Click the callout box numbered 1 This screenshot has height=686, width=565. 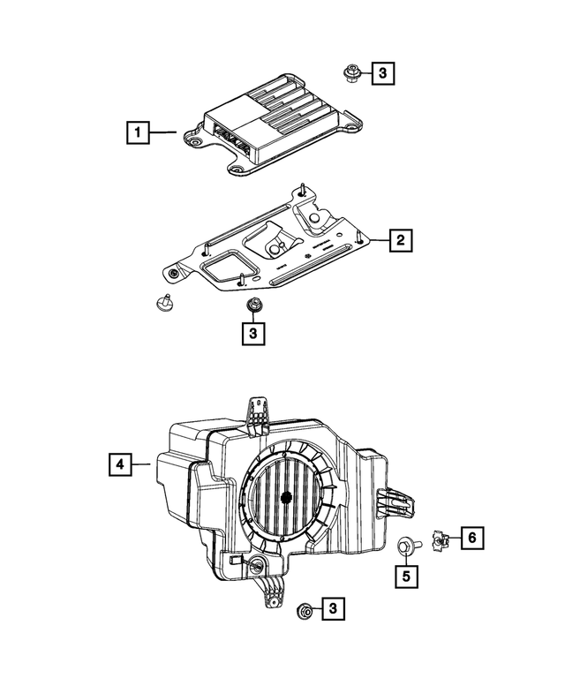[137, 134]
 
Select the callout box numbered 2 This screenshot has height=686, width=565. [399, 239]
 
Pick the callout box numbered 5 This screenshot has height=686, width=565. [406, 577]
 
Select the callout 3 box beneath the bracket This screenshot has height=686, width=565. [252, 333]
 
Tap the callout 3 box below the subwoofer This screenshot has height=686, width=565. [334, 608]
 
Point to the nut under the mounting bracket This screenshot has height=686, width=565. [252, 305]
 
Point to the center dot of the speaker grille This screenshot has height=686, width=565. [286, 497]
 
